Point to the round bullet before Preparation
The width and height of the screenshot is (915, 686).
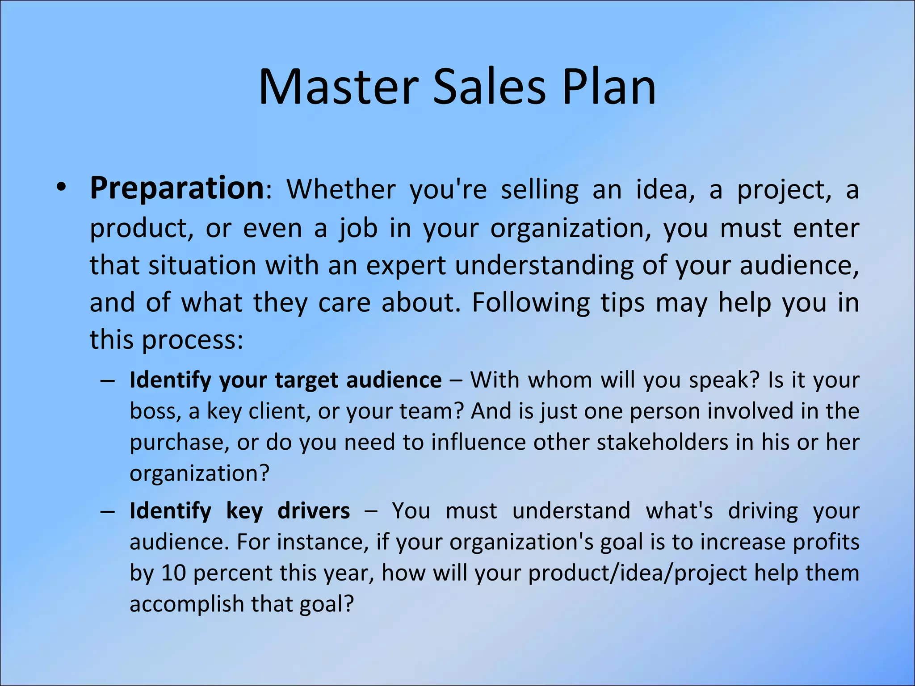click(61, 188)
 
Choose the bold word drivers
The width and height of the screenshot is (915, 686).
click(314, 511)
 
